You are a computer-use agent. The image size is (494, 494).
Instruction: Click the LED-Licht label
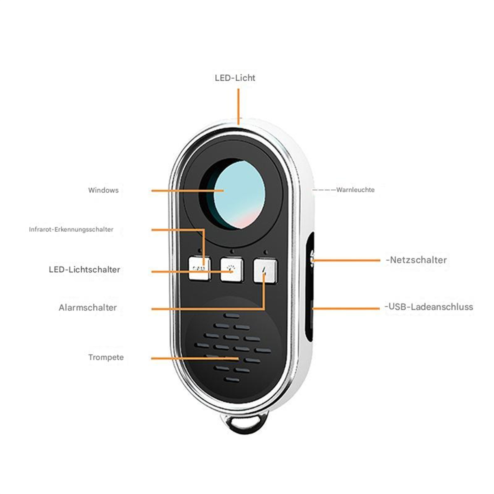235,78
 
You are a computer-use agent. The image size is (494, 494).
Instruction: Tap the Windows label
103,190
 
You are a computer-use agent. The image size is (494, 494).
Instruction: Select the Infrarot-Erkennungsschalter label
71,229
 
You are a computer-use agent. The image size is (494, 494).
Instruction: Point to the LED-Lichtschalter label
85,269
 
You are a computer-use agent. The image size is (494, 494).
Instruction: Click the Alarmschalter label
88,308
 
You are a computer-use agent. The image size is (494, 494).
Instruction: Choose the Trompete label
106,357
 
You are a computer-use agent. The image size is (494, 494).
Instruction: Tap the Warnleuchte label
355,190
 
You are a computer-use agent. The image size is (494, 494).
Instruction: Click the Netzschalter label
416,260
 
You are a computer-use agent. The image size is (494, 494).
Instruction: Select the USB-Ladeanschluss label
429,307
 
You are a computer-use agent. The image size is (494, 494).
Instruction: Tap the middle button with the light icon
232,269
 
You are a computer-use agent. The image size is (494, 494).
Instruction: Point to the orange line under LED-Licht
238,107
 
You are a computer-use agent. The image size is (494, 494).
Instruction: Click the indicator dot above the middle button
232,252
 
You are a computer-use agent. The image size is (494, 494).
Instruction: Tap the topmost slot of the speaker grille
232,316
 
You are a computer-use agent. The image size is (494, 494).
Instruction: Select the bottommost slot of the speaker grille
232,380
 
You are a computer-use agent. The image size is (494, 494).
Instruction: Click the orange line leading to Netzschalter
346,261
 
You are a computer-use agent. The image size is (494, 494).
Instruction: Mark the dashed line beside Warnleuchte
324,190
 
